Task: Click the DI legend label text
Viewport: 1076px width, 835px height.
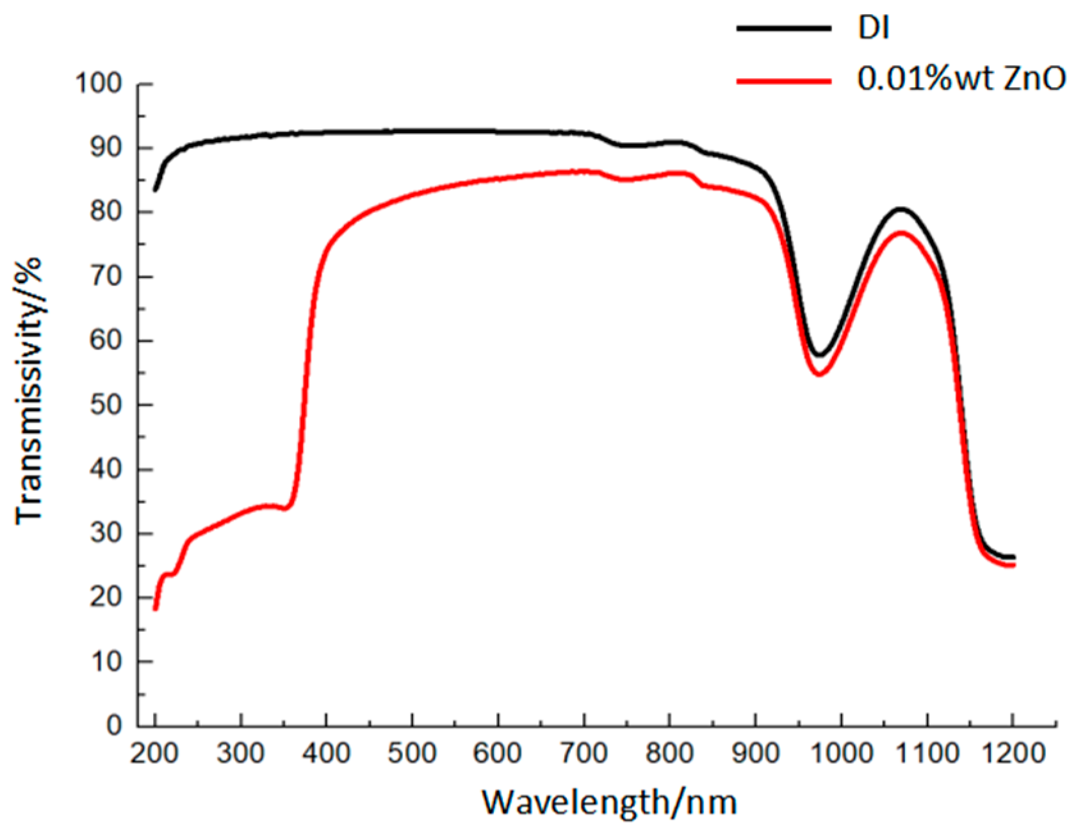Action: click(874, 28)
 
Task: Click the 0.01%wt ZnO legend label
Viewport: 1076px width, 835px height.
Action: click(961, 79)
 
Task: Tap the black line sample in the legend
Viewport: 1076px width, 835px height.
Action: click(783, 28)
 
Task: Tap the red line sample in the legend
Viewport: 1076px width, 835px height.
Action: click(783, 81)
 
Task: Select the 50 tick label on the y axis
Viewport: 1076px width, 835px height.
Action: click(106, 405)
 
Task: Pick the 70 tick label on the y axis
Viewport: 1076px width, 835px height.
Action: click(106, 277)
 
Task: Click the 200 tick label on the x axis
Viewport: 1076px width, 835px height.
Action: click(154, 754)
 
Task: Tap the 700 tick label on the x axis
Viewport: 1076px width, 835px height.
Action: click(583, 754)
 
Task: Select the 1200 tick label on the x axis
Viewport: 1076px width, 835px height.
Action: click(1012, 754)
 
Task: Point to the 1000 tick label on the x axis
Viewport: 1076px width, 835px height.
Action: click(840, 754)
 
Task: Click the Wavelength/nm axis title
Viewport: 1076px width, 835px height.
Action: click(609, 802)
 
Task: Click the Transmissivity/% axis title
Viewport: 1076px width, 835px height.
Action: click(29, 390)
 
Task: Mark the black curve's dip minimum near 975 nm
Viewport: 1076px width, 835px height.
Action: click(819, 354)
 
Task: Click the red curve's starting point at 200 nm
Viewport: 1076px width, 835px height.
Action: click(156, 608)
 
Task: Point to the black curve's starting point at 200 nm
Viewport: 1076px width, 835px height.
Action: click(156, 190)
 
